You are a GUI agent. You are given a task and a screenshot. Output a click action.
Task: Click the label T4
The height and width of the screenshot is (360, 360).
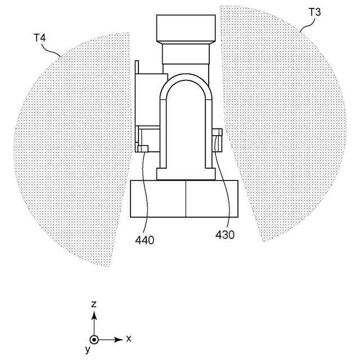pos(40,39)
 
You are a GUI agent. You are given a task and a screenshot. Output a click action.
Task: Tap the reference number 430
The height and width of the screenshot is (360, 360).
pos(225,234)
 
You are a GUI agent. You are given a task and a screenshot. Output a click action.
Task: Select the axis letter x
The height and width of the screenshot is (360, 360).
pos(129,339)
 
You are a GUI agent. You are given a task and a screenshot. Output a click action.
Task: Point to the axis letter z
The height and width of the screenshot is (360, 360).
pos(94,304)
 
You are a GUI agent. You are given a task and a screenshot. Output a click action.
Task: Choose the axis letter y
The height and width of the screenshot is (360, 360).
pos(88,350)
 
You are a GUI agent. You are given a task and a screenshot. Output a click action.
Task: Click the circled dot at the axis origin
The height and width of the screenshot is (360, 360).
pos(94,339)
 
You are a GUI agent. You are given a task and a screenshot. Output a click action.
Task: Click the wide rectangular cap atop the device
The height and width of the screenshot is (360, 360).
pos(186,28)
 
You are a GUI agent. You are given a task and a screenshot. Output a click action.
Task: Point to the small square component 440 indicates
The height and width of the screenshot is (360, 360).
pos(143,148)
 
